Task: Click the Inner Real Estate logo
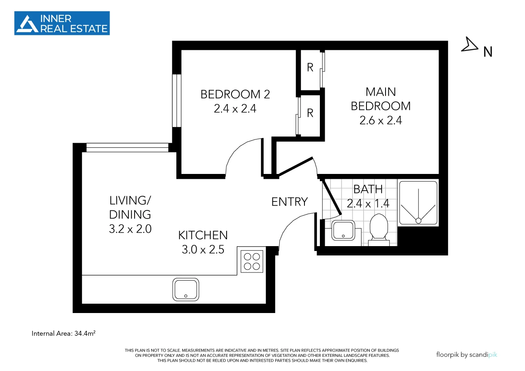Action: (62, 23)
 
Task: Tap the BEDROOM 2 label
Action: (235, 94)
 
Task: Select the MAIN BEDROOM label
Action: (380, 99)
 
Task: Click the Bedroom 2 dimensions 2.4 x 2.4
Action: (235, 109)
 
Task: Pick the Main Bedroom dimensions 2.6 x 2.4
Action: (380, 120)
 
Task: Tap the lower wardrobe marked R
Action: (310, 113)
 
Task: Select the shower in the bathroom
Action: (418, 203)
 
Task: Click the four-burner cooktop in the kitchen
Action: (252, 261)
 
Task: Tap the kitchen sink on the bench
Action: (186, 289)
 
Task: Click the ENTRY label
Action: (289, 202)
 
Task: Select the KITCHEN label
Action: (203, 235)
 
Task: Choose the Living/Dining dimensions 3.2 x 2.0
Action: (130, 229)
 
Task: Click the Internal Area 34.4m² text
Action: (64, 334)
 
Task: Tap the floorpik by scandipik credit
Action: (466, 354)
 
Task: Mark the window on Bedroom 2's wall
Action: (176, 101)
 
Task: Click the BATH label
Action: (368, 189)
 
